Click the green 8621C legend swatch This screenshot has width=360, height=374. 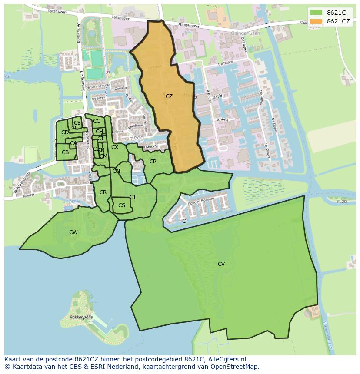316,13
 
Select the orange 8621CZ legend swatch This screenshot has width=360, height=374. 316,21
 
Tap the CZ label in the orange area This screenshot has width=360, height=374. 169,96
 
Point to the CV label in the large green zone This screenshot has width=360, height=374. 221,264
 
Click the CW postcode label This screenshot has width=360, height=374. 73,232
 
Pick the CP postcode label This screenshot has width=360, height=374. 153,162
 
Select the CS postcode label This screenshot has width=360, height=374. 122,205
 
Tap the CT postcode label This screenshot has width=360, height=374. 133,197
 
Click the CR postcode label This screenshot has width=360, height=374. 103,192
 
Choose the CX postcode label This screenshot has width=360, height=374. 115,147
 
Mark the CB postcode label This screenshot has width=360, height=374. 65,152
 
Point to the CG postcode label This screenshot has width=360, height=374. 97,121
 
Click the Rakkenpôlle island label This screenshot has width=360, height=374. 81,318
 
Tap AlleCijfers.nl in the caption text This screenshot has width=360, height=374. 226,359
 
